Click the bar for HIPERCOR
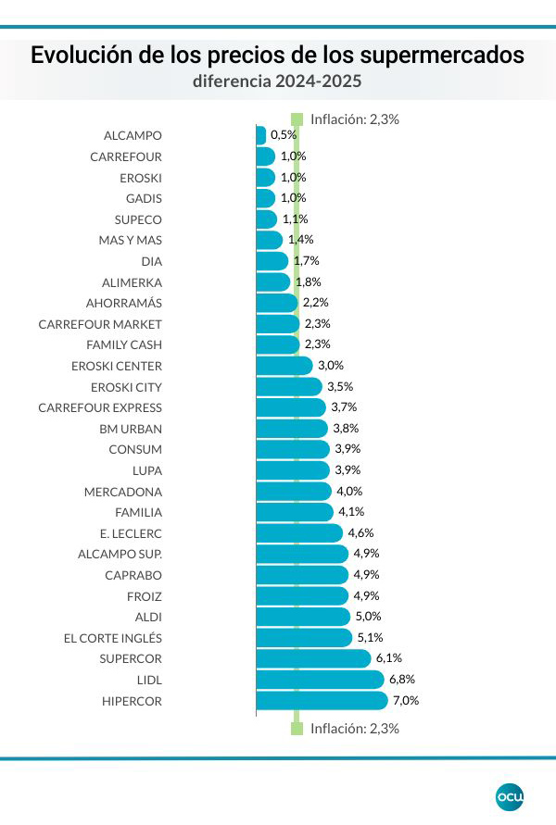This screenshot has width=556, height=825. point(321,700)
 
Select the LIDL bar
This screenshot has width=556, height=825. point(319,680)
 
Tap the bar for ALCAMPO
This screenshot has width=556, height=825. point(260,135)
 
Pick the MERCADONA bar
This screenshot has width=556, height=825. point(293,491)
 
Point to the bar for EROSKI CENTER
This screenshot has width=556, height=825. point(284,366)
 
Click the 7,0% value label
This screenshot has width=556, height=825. point(407,700)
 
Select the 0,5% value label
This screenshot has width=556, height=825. point(284,135)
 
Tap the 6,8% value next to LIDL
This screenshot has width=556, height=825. point(403,680)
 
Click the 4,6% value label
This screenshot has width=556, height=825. point(361,532)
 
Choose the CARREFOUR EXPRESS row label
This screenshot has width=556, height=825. point(100,407)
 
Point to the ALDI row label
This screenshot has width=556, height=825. point(148,617)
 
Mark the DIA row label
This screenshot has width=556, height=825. point(152,261)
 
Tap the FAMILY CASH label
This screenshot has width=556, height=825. point(125,344)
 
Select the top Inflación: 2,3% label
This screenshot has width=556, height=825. point(354,119)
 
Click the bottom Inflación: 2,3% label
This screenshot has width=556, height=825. point(354,729)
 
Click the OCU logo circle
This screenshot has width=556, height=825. point(510,795)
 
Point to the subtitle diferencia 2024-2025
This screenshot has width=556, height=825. point(277,81)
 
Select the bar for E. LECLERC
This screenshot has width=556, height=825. point(298,532)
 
